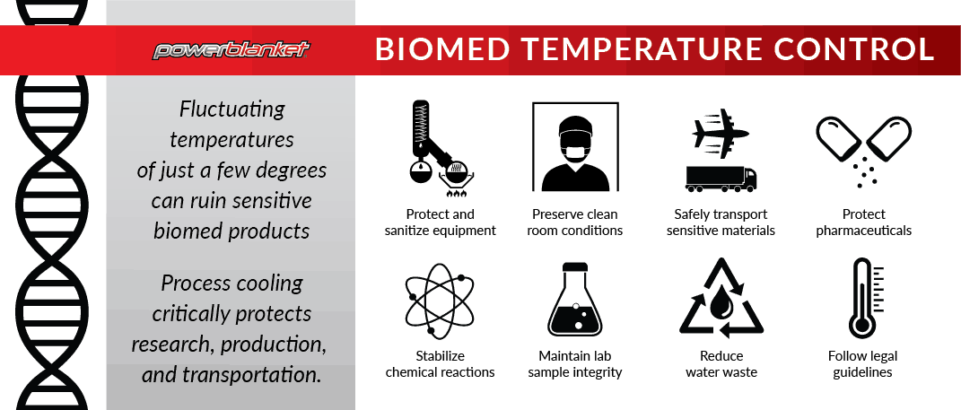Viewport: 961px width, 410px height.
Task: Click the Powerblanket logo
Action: coord(232,50)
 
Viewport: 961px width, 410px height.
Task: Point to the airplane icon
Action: coord(721,132)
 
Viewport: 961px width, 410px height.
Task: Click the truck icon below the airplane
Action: coord(721,179)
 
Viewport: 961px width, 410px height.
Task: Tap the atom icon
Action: coord(440,301)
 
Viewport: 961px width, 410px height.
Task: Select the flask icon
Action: coord(575,300)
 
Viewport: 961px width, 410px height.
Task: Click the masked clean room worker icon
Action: coord(575,150)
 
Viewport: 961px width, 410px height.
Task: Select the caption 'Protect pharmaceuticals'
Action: coord(863,222)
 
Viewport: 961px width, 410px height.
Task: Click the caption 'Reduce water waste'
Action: coord(721,364)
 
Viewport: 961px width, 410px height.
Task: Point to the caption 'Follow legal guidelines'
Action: coord(862,364)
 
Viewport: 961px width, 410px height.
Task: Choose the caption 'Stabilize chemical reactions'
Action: coord(440,364)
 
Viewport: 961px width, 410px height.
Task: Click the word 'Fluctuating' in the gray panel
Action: coord(232,110)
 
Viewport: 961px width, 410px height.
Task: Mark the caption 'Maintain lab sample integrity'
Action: coord(575,364)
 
